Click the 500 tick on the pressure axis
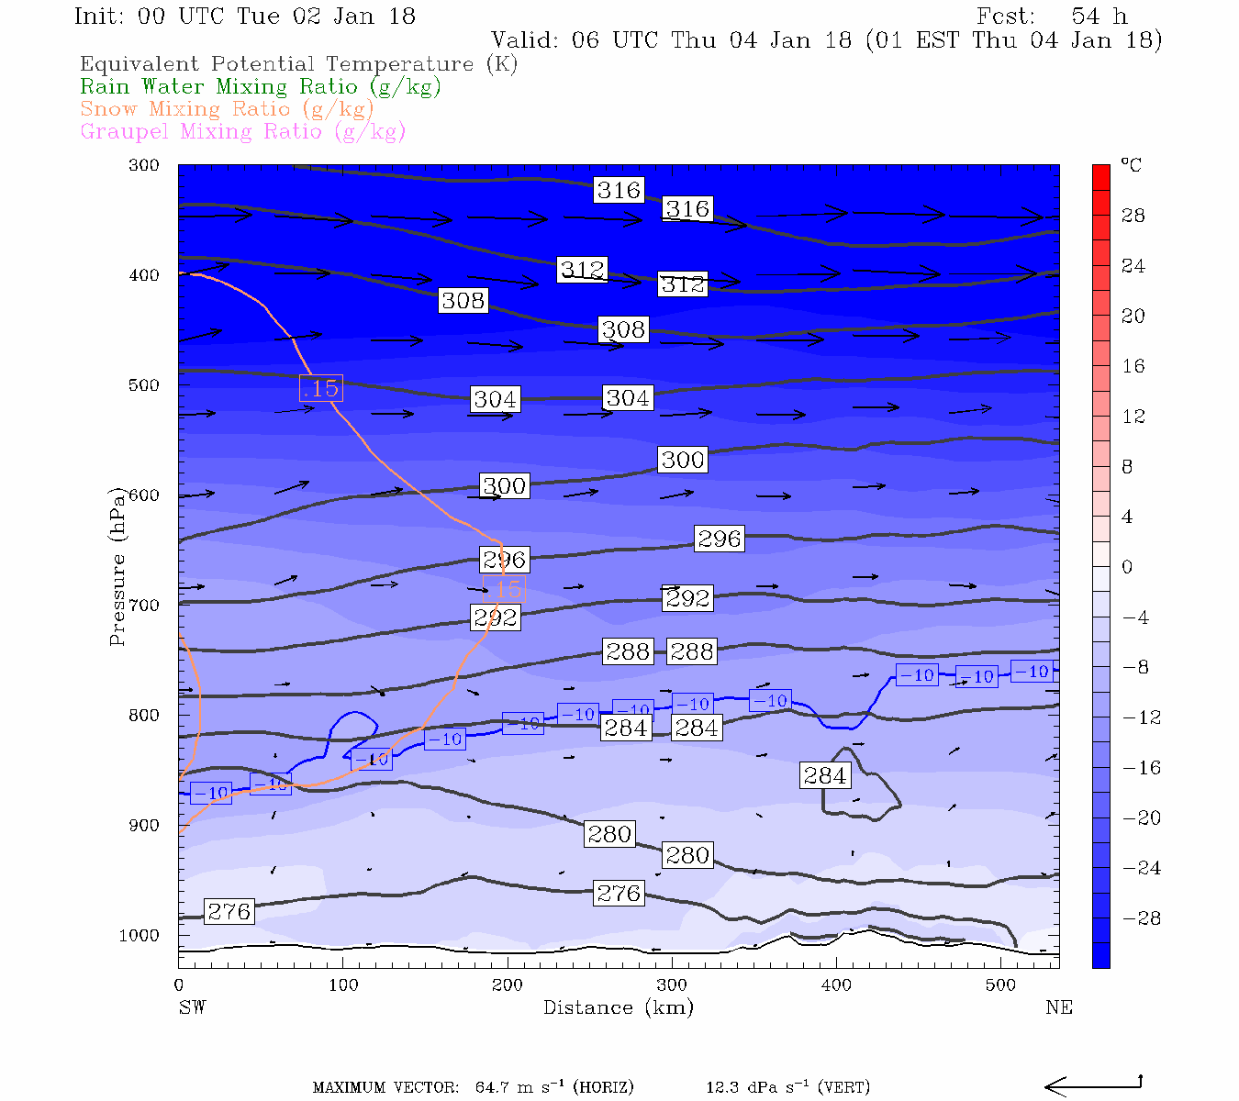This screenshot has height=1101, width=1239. (144, 385)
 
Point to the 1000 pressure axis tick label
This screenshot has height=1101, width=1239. (140, 936)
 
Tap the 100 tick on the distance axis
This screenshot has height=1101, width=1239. (343, 985)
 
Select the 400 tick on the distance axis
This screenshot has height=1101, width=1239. (836, 985)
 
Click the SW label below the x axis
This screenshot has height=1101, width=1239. (192, 1007)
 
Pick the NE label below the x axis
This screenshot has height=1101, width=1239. (1058, 1007)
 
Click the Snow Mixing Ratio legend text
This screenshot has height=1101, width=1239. (227, 109)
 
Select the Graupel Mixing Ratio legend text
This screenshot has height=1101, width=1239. (242, 131)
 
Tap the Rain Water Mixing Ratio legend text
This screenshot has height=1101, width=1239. (261, 87)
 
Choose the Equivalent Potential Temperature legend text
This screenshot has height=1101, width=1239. (298, 64)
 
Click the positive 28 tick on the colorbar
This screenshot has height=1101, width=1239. (1133, 216)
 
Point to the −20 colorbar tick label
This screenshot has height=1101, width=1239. (1142, 818)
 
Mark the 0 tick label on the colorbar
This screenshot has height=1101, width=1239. (1127, 567)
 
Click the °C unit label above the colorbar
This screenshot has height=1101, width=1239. (1131, 165)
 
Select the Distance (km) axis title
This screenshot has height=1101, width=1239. (618, 1007)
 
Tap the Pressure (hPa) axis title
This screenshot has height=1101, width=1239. (117, 566)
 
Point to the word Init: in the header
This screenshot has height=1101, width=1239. (103, 17)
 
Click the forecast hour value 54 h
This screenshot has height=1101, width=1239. (1099, 17)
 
